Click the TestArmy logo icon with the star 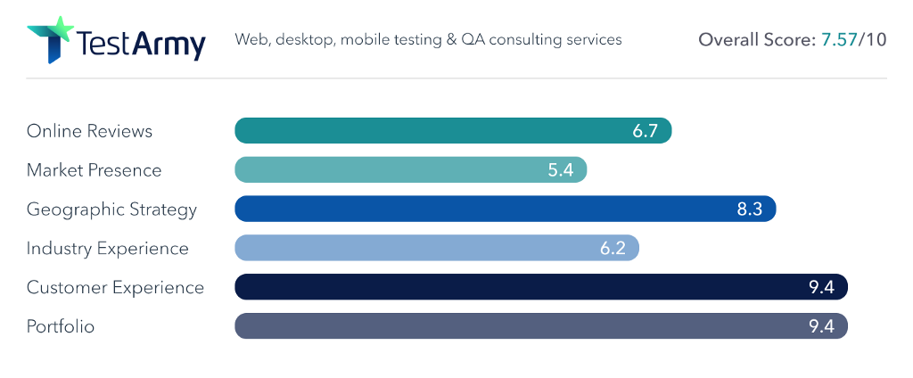click(x=50, y=39)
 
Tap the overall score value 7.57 click(x=837, y=40)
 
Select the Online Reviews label click(x=89, y=131)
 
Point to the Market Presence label click(x=94, y=170)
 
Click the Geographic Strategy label click(x=111, y=210)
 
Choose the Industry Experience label click(x=107, y=248)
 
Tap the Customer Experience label click(x=115, y=287)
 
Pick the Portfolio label click(x=61, y=326)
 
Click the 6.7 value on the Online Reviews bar click(x=645, y=131)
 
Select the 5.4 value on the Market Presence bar click(x=560, y=170)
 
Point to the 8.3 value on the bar click(x=749, y=210)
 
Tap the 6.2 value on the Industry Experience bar click(x=613, y=248)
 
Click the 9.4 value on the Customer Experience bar click(x=820, y=287)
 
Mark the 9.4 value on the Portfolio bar click(x=820, y=326)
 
